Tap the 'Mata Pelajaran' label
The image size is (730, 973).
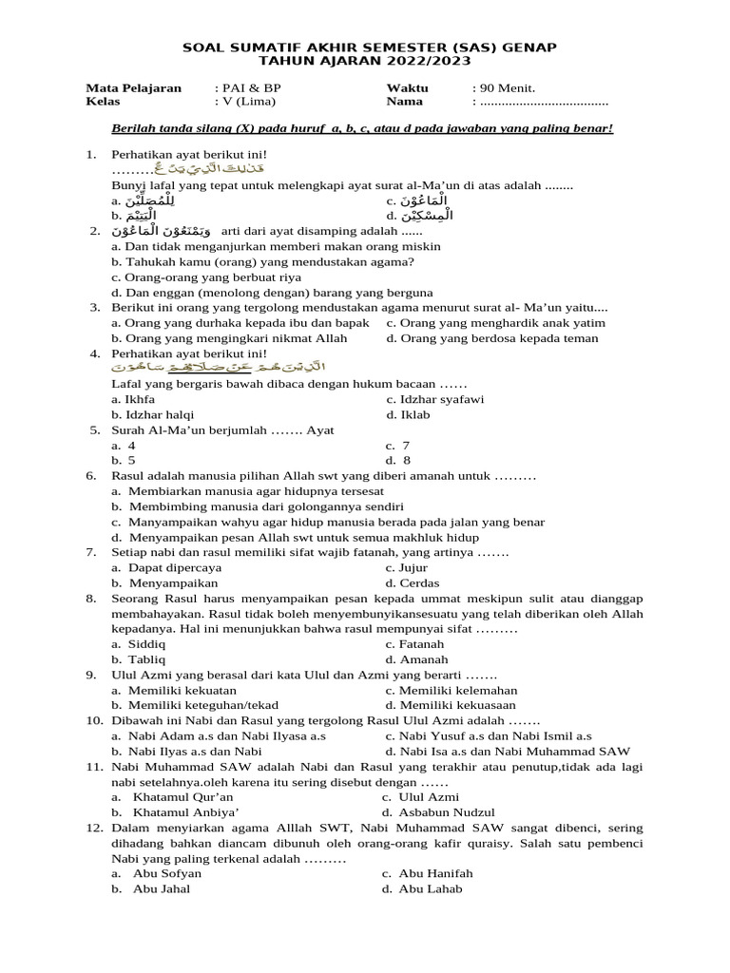[x=133, y=87]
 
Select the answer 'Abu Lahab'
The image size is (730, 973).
[x=431, y=888]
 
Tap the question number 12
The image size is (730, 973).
[x=93, y=828]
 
